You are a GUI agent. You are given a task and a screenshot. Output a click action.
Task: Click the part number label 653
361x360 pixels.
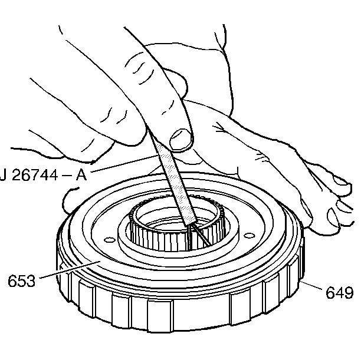[x=21, y=280]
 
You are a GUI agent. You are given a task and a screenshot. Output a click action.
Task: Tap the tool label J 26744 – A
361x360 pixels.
[x=44, y=176]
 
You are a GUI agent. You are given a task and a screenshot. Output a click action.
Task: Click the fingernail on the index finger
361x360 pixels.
[x=180, y=138]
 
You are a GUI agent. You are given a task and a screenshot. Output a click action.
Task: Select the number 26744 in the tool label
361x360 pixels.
[x=35, y=176]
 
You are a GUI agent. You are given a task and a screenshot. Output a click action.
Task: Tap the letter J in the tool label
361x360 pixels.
[x=3, y=176]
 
